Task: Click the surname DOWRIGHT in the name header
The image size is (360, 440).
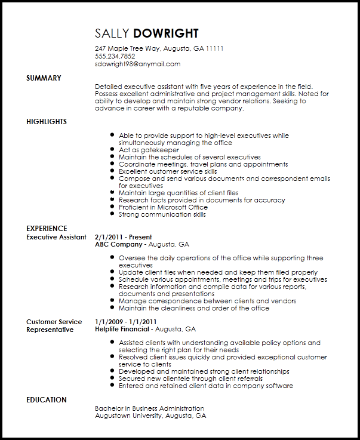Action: pyautogui.click(x=166, y=33)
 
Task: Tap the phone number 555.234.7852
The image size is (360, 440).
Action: pyautogui.click(x=115, y=56)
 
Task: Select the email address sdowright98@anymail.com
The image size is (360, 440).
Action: pyautogui.click(x=137, y=64)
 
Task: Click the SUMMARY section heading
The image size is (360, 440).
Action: pyautogui.click(x=44, y=78)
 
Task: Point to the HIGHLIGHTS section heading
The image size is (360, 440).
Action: pyautogui.click(x=47, y=122)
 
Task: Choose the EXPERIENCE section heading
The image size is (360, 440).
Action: pyautogui.click(x=47, y=229)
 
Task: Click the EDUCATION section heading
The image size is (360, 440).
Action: pyautogui.click(x=47, y=400)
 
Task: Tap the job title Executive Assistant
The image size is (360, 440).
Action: pyautogui.click(x=56, y=237)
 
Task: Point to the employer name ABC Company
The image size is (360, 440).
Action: pyautogui.click(x=119, y=244)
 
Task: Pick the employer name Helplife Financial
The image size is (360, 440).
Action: pyautogui.click(x=122, y=329)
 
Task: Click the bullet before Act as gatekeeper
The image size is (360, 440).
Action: pyautogui.click(x=112, y=150)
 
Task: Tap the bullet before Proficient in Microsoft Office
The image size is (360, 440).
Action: pyautogui.click(x=112, y=208)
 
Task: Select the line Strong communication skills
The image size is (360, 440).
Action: pyautogui.click(x=162, y=215)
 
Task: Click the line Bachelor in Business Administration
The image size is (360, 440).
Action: pyautogui.click(x=149, y=409)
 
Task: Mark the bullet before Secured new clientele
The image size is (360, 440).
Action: pyautogui.click(x=112, y=379)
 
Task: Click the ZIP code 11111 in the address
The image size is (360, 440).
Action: pyautogui.click(x=216, y=48)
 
